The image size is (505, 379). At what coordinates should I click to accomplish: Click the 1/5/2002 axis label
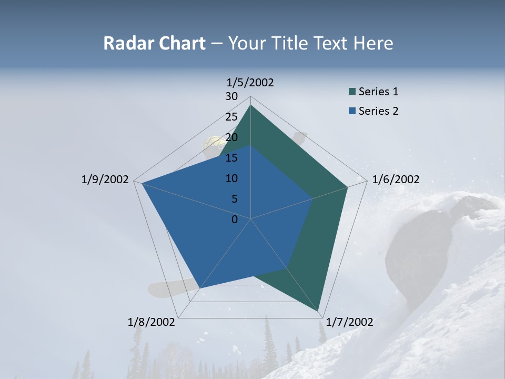pyautogui.click(x=250, y=83)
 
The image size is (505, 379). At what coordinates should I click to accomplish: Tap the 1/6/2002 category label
pyautogui.click(x=396, y=179)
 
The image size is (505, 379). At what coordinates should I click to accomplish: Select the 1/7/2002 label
pyautogui.click(x=350, y=322)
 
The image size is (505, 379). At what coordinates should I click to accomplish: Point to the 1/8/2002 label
pyautogui.click(x=151, y=322)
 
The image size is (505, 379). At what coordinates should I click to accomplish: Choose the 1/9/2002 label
pyautogui.click(x=105, y=179)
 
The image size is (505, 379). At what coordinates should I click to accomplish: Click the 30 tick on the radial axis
pyautogui.click(x=231, y=96)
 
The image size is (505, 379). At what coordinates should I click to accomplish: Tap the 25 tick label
pyautogui.click(x=231, y=117)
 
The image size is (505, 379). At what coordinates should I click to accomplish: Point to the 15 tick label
pyautogui.click(x=231, y=158)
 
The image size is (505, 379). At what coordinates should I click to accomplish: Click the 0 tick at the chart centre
pyautogui.click(x=235, y=220)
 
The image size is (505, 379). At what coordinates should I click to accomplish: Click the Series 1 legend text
pyautogui.click(x=378, y=92)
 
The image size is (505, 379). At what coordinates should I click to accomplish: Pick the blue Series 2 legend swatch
pyautogui.click(x=352, y=111)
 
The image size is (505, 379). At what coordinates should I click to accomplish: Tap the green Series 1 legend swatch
pyautogui.click(x=352, y=92)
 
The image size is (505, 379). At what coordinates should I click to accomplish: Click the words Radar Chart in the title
pyautogui.click(x=154, y=43)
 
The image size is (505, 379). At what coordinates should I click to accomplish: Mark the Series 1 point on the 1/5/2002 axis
pyautogui.click(x=250, y=105)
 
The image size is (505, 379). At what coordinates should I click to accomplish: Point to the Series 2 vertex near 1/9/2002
pyautogui.click(x=142, y=183)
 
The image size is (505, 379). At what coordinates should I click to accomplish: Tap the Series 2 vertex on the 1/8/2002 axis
pyautogui.click(x=200, y=288)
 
